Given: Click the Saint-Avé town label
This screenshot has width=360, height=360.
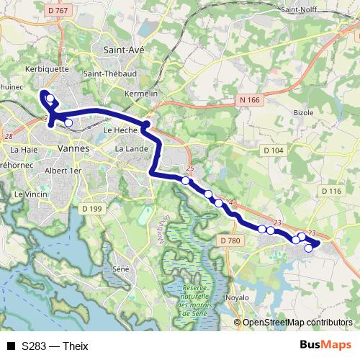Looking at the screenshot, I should (x=124, y=50).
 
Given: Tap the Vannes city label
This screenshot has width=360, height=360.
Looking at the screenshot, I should (x=72, y=148).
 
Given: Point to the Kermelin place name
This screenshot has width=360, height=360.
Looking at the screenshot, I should (x=140, y=94).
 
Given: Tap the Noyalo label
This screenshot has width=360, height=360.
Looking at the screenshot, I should (x=236, y=297).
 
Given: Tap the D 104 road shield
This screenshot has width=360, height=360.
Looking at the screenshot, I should (x=274, y=150).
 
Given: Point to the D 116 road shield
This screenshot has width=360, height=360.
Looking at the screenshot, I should (x=330, y=191).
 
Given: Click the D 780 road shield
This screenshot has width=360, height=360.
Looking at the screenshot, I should (x=229, y=240).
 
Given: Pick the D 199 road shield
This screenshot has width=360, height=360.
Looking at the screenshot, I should (x=92, y=209).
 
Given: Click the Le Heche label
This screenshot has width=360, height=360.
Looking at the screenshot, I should (x=120, y=130).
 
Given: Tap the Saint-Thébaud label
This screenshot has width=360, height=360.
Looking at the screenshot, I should (x=110, y=73).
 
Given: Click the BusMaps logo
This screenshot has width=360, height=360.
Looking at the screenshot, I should (x=325, y=345).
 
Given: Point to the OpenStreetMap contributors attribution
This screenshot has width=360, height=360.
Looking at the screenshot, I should (x=297, y=323).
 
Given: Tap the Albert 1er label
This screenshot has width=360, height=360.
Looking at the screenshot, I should (x=63, y=171).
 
